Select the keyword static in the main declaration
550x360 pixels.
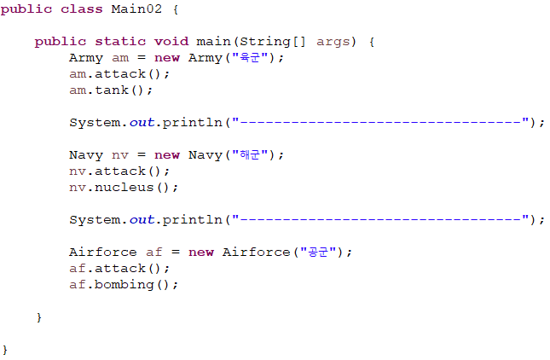point(119,41)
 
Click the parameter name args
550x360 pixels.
point(333,41)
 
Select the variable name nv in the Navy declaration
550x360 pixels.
point(119,154)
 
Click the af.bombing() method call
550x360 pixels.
point(124,284)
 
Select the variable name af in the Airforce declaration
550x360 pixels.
point(153,252)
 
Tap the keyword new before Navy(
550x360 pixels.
point(166,154)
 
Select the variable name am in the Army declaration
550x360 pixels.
point(119,57)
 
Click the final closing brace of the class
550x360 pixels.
point(5,350)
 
